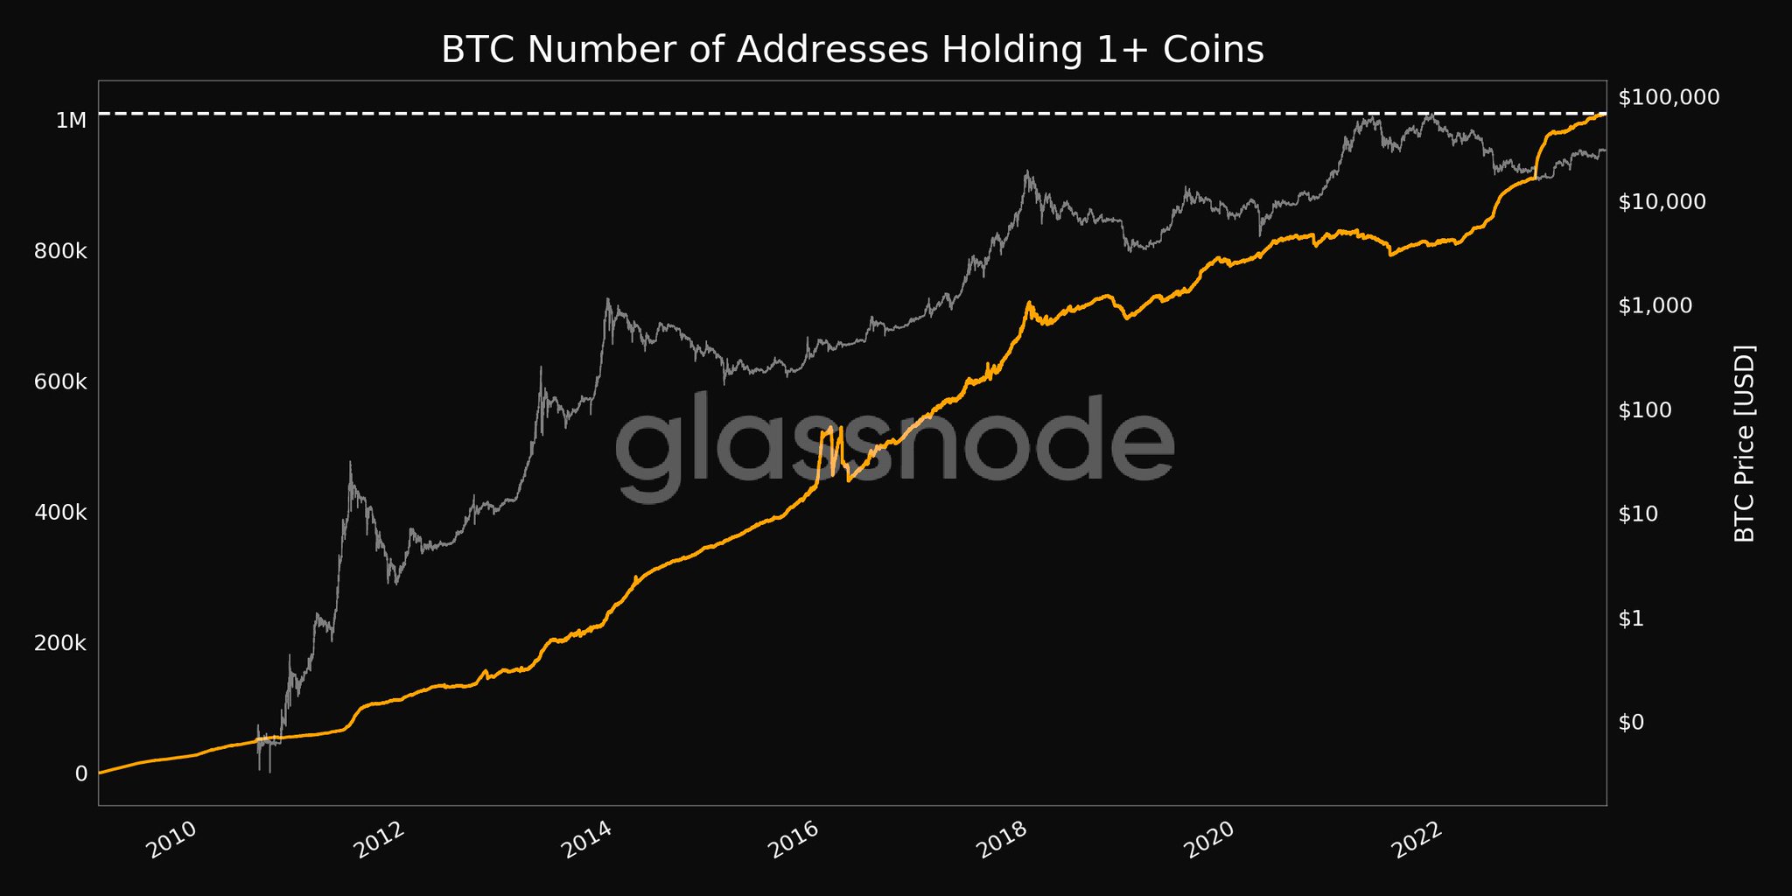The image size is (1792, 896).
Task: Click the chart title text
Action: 852,50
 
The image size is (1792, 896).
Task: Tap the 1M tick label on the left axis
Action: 71,121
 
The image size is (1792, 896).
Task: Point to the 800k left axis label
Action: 60,252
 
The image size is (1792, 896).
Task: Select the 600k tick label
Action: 60,382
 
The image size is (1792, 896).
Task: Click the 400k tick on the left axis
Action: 60,513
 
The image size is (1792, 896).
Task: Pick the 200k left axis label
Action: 60,643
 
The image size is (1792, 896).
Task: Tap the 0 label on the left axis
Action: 81,773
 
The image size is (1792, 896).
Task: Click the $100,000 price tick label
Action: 1669,97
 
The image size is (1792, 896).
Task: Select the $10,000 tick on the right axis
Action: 1662,201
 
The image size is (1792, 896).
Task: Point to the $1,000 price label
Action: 1656,305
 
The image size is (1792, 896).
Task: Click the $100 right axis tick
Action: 1650,409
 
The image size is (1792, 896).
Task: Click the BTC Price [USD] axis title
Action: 1744,444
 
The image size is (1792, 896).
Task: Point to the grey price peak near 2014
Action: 607,301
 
